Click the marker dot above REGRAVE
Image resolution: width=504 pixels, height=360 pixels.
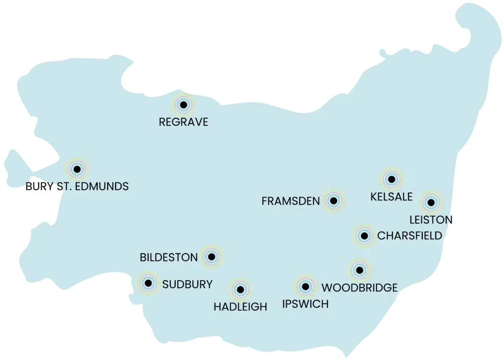(x=184, y=104)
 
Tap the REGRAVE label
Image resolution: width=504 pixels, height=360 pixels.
(x=184, y=122)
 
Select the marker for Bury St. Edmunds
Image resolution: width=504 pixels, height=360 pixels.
(x=76, y=169)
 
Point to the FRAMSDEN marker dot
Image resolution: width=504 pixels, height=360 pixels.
(x=334, y=200)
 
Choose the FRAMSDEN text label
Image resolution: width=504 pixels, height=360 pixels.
(x=291, y=201)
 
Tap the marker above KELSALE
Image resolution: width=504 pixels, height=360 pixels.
(x=391, y=179)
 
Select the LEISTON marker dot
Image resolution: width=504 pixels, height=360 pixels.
(x=431, y=202)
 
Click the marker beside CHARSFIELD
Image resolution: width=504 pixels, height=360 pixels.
(x=364, y=236)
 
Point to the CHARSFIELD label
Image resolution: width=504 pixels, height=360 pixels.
(x=409, y=236)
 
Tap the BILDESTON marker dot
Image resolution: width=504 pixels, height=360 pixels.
(x=212, y=257)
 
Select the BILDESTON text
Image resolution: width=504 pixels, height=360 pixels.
(x=169, y=257)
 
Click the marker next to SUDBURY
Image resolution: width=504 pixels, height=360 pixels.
(x=148, y=283)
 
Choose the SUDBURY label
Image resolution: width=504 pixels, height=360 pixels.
(x=187, y=284)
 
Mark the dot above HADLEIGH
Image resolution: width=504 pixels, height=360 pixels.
(x=240, y=290)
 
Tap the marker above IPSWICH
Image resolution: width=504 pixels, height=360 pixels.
(x=305, y=286)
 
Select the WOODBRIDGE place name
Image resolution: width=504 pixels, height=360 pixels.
(x=359, y=288)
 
